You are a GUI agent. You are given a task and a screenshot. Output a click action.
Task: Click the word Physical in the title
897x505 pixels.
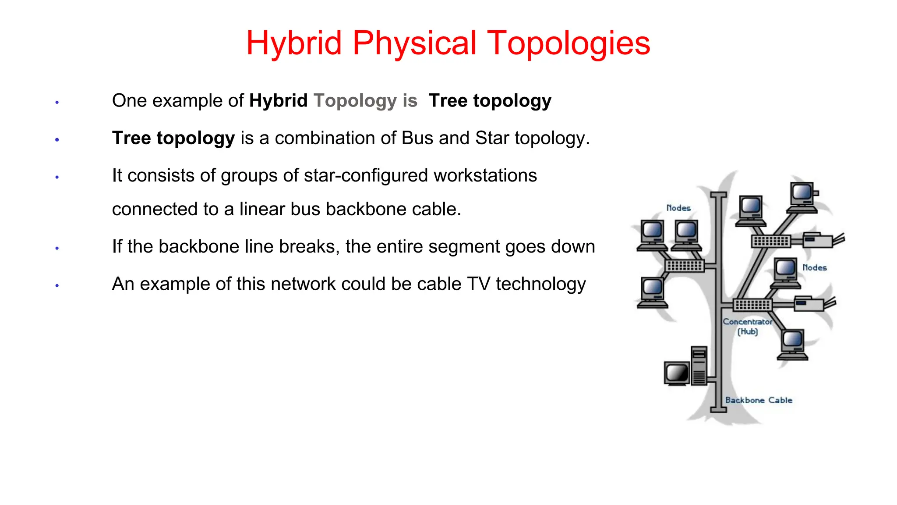click(414, 43)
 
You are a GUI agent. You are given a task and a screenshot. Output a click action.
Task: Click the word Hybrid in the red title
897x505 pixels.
click(293, 43)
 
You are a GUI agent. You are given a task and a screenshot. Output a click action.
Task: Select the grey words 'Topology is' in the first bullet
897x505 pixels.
click(365, 101)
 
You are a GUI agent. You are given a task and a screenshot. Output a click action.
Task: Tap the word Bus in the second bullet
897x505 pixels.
click(417, 138)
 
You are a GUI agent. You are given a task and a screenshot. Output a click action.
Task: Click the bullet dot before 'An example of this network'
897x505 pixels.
click(57, 286)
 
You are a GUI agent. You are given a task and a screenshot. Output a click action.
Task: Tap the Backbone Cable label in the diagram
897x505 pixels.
click(758, 400)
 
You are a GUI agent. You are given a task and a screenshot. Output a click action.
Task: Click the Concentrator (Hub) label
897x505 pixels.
click(747, 327)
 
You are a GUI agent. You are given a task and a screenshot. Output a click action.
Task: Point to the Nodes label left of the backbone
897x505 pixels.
click(678, 208)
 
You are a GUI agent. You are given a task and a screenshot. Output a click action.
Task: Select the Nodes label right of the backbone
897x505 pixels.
click(814, 268)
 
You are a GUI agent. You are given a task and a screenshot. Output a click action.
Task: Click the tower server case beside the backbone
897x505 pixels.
click(699, 366)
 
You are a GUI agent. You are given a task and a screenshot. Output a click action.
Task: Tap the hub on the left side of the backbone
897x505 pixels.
click(685, 266)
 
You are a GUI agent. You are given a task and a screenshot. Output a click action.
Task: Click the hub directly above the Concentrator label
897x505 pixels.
click(752, 305)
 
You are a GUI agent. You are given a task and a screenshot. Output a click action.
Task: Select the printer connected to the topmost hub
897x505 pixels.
click(818, 240)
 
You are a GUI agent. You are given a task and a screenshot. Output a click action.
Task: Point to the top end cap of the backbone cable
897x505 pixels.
click(718, 195)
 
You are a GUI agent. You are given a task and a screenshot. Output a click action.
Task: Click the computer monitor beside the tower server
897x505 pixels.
click(677, 373)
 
